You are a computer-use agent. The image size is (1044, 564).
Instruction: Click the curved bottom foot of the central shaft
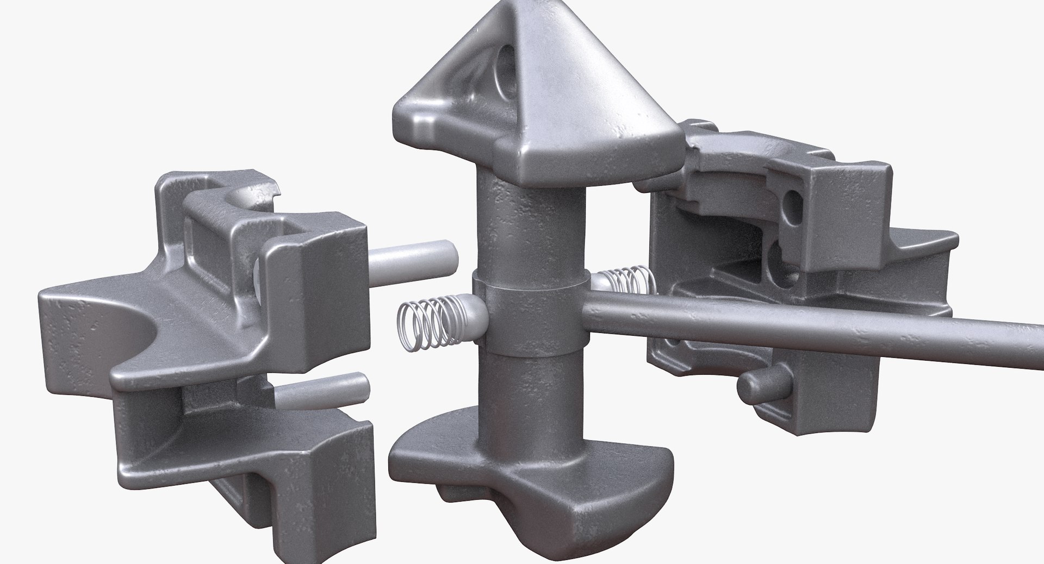coord(478,467)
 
